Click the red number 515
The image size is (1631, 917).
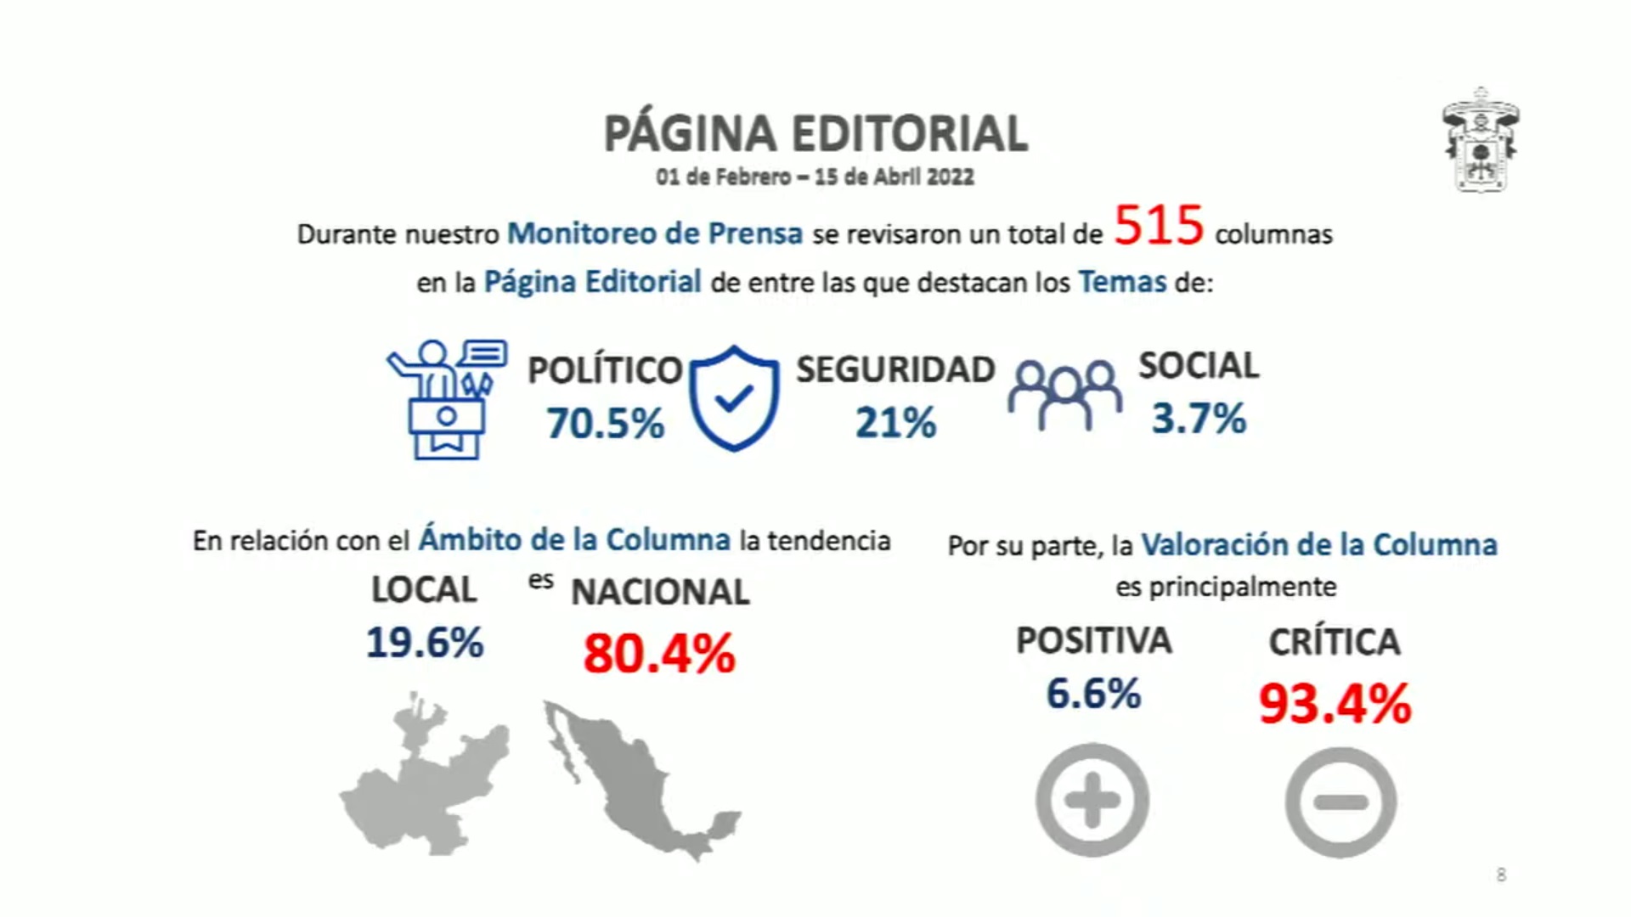pyautogui.click(x=1159, y=226)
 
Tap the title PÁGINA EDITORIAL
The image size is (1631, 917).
pyautogui.click(x=815, y=133)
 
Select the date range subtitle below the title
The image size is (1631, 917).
pyautogui.click(x=815, y=177)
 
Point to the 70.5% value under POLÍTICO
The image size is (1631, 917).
pyautogui.click(x=605, y=423)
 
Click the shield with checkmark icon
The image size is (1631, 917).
pyautogui.click(x=734, y=397)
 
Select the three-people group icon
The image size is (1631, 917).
pyautogui.click(x=1064, y=395)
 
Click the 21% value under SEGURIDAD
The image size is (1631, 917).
pyautogui.click(x=895, y=423)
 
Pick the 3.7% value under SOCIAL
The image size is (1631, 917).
pyautogui.click(x=1199, y=419)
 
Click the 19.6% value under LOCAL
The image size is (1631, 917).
pyautogui.click(x=425, y=643)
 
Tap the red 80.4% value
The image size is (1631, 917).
pyautogui.click(x=659, y=654)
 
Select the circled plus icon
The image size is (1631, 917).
pyautogui.click(x=1092, y=800)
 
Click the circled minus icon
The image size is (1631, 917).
pyautogui.click(x=1340, y=802)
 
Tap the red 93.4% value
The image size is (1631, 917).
pyautogui.click(x=1335, y=704)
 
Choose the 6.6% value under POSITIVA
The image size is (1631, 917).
pyautogui.click(x=1093, y=694)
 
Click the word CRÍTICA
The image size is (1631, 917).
pyautogui.click(x=1335, y=642)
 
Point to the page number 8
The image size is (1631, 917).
pyautogui.click(x=1501, y=875)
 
